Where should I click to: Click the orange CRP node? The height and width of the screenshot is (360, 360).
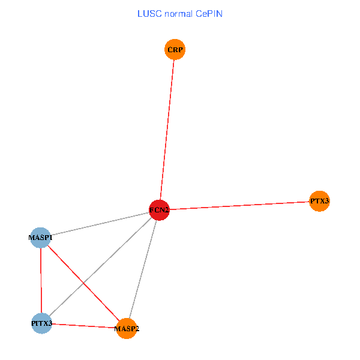(175, 49)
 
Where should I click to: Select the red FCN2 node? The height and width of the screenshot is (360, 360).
(159, 210)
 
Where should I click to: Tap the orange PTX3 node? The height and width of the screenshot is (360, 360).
(319, 201)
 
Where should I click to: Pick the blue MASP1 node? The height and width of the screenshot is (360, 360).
(40, 238)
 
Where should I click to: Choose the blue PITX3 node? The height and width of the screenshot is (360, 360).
(41, 323)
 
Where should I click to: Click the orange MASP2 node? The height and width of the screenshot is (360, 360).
(127, 329)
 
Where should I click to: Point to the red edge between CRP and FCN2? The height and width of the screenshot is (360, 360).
(167, 130)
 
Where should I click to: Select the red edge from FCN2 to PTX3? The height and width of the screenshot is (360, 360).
(239, 206)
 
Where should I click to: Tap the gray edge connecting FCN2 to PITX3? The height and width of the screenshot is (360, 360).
(114, 254)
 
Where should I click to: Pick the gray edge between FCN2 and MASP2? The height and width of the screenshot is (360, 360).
(143, 269)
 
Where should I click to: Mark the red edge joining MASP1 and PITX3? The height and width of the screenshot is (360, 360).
(41, 281)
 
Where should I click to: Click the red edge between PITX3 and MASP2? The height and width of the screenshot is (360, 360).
(84, 326)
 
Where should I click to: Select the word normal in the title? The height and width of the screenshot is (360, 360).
(176, 13)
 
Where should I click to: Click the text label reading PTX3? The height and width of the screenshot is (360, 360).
(319, 201)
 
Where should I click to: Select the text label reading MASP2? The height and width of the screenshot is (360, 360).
(127, 329)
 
